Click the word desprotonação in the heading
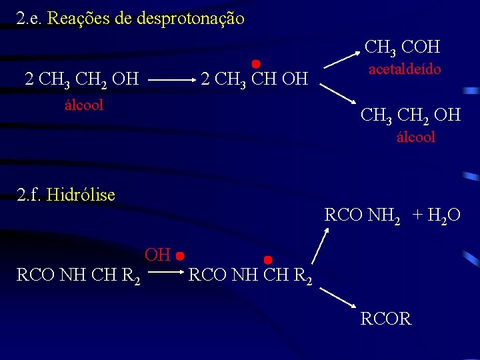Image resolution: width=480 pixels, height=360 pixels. [190, 18]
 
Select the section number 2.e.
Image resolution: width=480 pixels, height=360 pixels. [31, 18]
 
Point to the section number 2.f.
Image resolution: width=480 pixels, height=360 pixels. [31, 195]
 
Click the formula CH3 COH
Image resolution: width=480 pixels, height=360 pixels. [402, 47]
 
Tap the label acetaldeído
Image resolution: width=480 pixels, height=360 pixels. [405, 69]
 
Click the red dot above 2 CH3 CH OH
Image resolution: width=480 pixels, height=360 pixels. [255, 63]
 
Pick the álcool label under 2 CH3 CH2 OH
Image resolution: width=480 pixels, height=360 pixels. [84, 105]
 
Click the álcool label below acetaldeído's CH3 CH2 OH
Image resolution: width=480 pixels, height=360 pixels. [415, 137]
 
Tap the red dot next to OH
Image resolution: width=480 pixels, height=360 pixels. [180, 255]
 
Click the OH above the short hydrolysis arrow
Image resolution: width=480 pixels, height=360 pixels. [158, 254]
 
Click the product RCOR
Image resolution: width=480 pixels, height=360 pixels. [386, 319]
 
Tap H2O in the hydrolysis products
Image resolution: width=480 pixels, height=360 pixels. [443, 215]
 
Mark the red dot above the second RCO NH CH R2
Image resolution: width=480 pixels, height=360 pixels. [268, 259]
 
